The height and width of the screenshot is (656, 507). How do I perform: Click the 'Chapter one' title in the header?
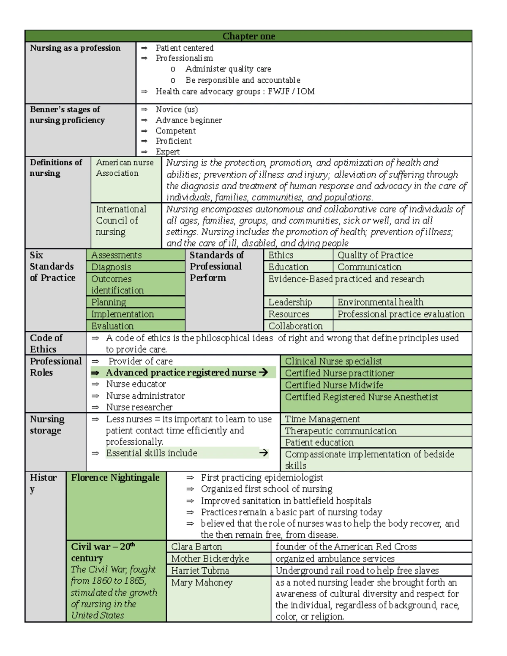point(248,36)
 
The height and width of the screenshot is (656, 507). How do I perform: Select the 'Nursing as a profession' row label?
point(75,48)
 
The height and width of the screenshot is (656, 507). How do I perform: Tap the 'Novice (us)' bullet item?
point(176,109)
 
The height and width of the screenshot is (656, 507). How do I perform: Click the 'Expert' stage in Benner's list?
point(167,152)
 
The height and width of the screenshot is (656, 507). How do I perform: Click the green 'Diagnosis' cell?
point(111,267)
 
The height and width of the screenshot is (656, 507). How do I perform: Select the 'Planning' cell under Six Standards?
point(109,302)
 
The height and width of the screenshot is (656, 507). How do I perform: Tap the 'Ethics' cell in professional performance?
point(281,255)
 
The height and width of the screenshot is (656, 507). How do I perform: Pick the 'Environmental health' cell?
point(380,302)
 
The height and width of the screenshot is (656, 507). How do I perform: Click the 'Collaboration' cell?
point(295,326)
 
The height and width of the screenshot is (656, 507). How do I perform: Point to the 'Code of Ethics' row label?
point(46,343)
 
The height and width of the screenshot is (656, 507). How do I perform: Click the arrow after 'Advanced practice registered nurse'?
point(263,372)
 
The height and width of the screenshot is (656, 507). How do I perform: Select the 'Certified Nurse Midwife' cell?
point(334,385)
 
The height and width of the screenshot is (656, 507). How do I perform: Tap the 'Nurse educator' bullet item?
point(136,384)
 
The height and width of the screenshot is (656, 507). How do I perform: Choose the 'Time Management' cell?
point(322,419)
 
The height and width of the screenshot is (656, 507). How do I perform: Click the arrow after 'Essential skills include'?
point(264,453)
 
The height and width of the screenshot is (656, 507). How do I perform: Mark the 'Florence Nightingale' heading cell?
point(115,478)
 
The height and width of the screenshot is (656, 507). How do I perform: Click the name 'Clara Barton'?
point(196,547)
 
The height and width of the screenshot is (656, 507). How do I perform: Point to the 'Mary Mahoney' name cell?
point(202,583)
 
